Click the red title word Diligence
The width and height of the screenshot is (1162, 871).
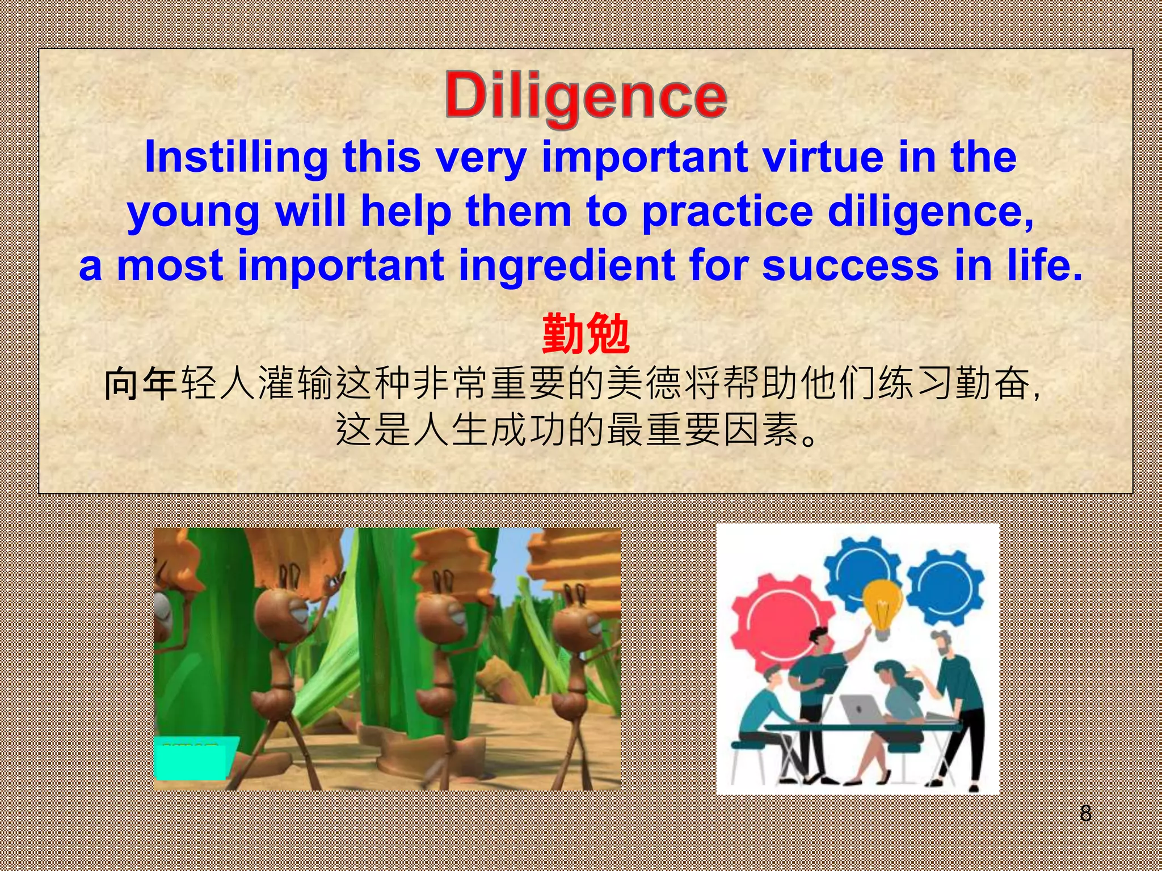(x=586, y=96)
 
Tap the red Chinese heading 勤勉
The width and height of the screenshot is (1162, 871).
(x=586, y=335)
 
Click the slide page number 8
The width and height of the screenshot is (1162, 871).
(x=1085, y=813)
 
